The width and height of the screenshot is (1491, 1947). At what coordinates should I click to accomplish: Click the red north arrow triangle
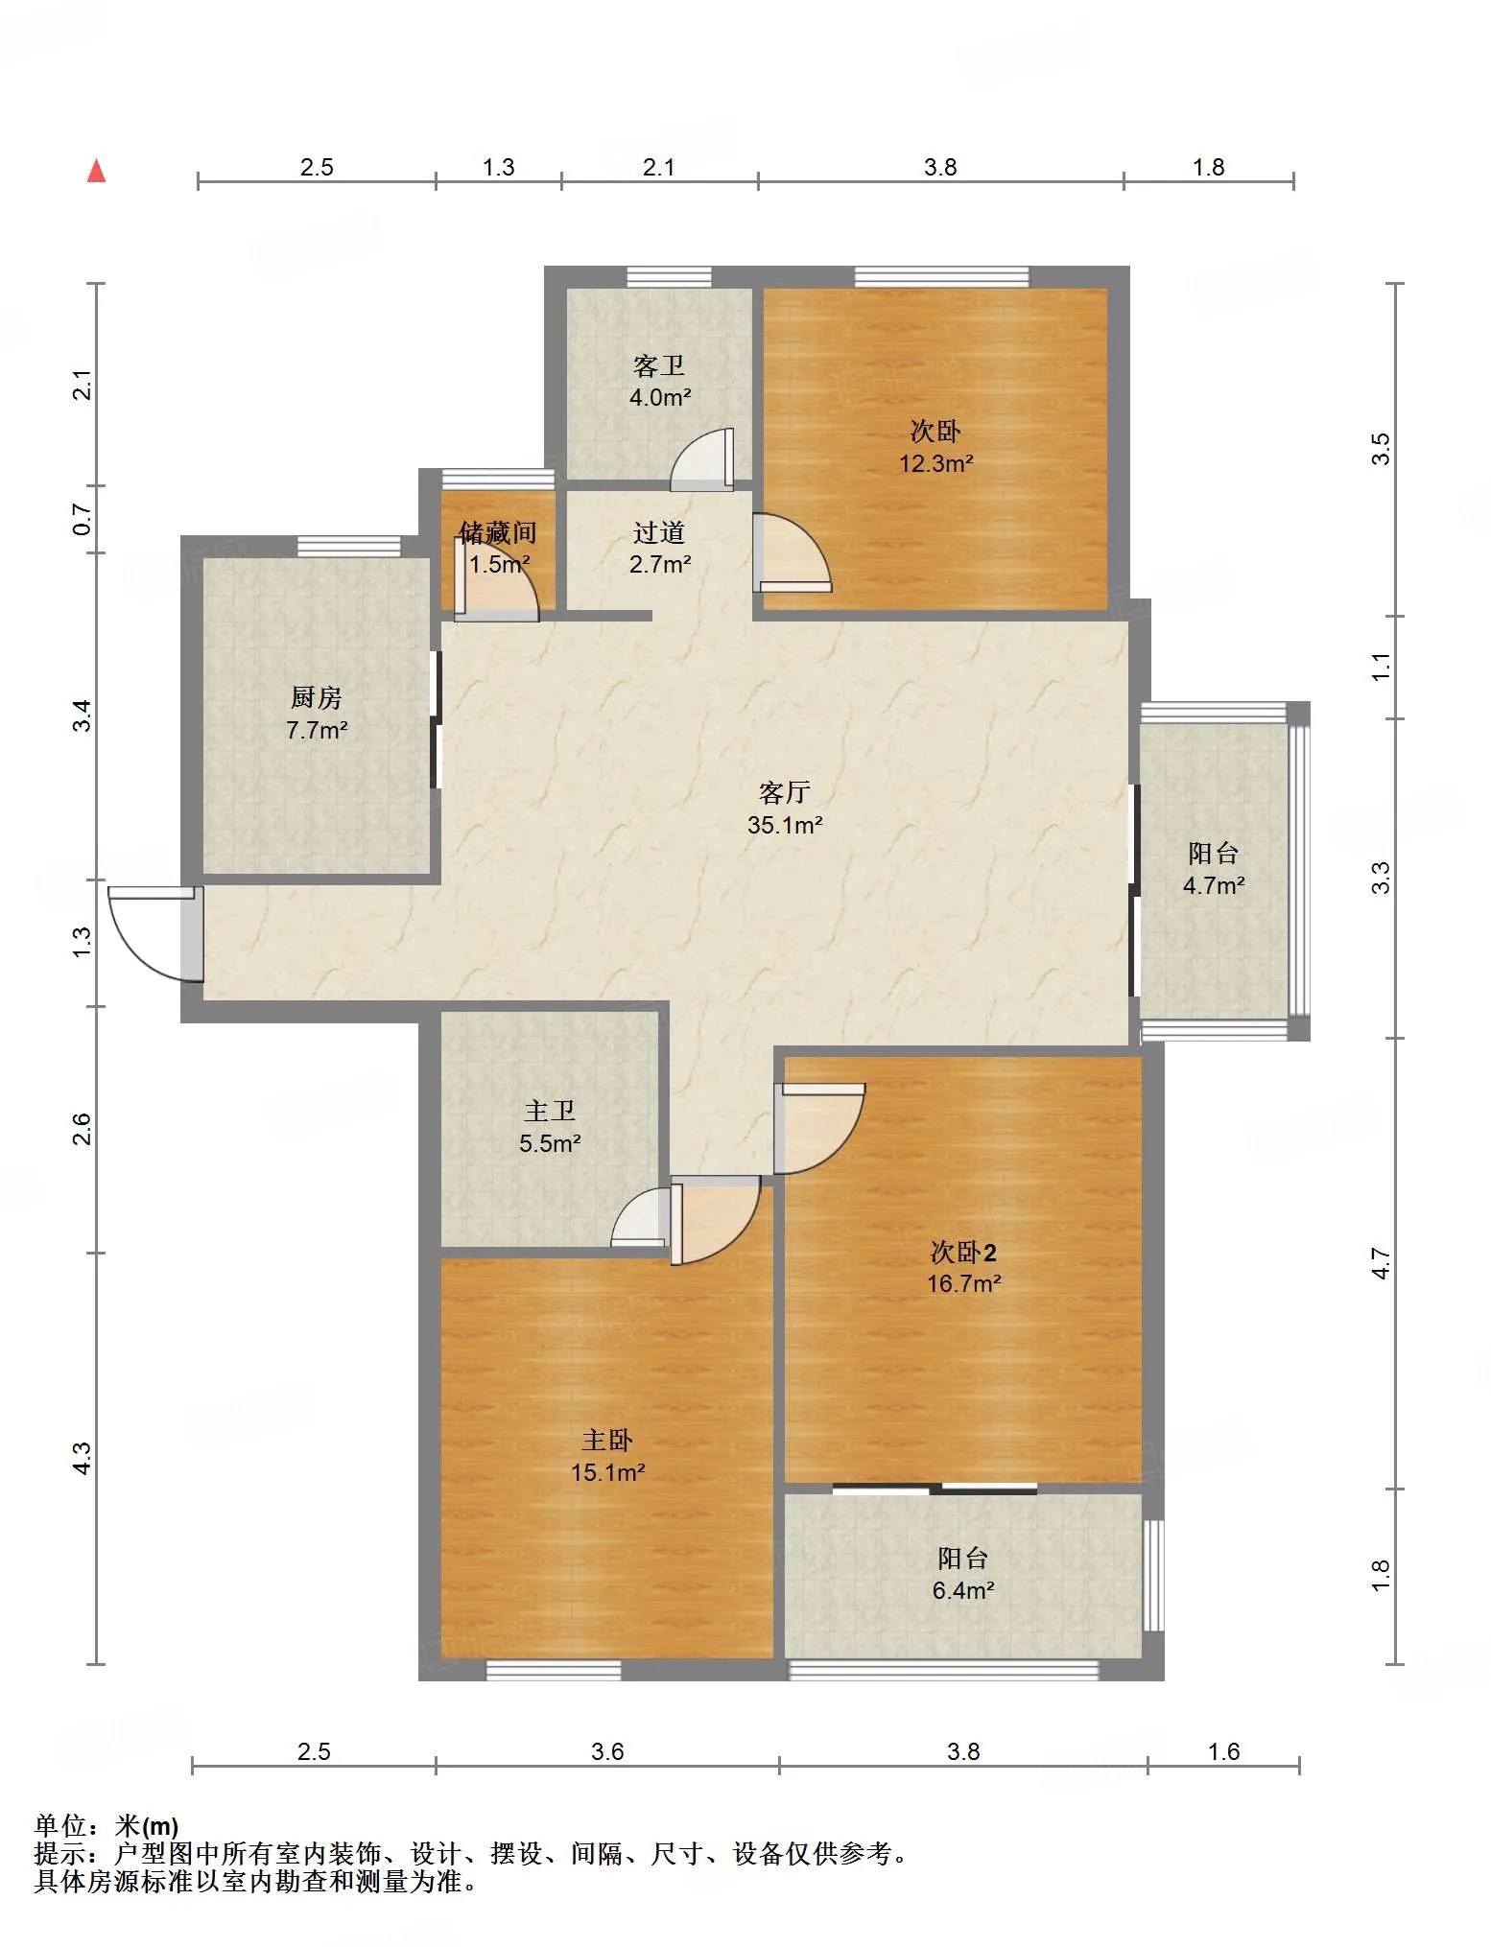coord(96,171)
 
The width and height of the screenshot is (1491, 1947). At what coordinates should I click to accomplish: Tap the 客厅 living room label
coord(784,792)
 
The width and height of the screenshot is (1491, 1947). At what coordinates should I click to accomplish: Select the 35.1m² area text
coord(785,825)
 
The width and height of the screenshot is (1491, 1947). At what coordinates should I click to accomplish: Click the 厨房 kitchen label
coord(316,697)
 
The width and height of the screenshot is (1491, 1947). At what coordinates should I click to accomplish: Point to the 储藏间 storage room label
coord(497,532)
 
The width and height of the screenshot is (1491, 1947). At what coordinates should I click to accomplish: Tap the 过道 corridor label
coord(659,532)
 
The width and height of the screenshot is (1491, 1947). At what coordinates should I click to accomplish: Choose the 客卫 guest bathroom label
coord(659,365)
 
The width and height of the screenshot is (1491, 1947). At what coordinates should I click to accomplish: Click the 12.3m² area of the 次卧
coord(935,464)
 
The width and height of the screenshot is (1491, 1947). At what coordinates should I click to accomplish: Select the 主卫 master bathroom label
coord(550,1111)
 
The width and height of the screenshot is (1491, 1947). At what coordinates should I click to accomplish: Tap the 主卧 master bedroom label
coord(607,1440)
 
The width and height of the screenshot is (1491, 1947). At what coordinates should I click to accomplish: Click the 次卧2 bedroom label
coord(963,1252)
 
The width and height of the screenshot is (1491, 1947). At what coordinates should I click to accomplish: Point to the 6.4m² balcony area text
coord(963,1590)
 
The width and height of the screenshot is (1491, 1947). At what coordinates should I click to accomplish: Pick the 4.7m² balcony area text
coord(1214,885)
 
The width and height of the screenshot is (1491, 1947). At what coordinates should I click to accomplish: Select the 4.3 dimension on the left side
coord(83,1459)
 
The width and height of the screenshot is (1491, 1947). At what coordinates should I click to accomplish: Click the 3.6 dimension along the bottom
coord(607,1752)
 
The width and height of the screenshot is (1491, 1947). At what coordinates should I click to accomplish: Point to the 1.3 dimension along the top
coord(498,167)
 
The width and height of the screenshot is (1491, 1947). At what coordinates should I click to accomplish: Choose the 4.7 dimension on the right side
coord(1380,1263)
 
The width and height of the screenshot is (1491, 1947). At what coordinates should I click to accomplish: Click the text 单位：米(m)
coord(106,1826)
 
